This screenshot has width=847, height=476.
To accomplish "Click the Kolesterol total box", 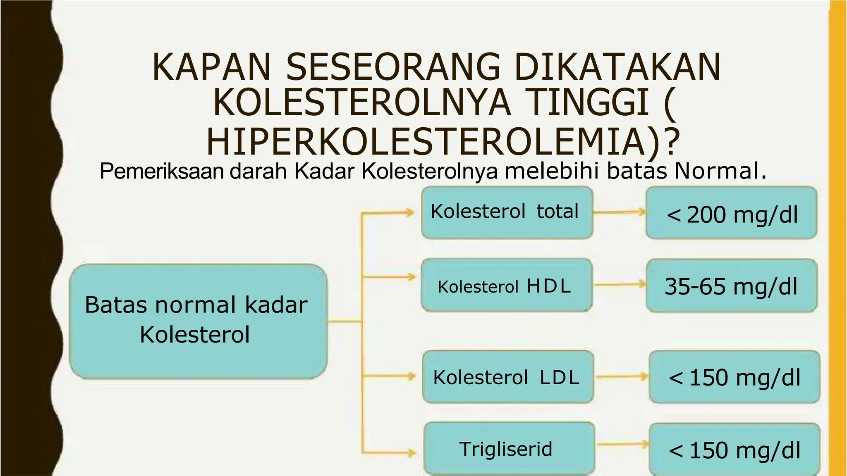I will [507, 212].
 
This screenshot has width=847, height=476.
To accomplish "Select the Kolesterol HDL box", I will [507, 285].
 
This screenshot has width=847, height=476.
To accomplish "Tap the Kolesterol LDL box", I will [508, 376].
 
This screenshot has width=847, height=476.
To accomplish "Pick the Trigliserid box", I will [509, 448].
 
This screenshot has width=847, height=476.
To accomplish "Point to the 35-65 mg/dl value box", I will [731, 286].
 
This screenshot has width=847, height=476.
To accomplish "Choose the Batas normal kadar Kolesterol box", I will [198, 321].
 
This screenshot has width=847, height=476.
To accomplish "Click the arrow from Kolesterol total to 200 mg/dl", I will [619, 212].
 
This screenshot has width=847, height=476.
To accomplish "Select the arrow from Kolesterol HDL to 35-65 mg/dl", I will [619, 284].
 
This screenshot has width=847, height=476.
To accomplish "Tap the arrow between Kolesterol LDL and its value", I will [622, 376].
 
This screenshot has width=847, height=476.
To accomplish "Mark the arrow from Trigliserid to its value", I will [622, 445].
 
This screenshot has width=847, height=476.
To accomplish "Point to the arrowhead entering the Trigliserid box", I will [411, 452].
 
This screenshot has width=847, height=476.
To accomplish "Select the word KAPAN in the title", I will [211, 67].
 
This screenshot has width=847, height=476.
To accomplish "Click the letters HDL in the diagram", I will [549, 286].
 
